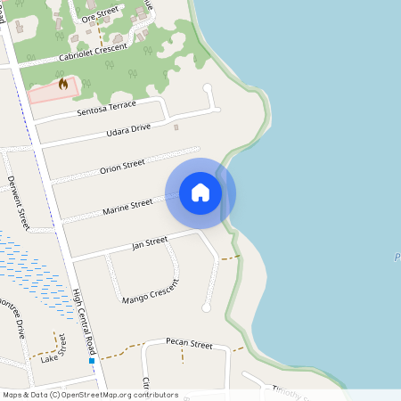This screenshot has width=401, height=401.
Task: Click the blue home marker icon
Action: click(x=200, y=192)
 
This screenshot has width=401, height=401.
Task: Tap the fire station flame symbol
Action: click(x=62, y=85)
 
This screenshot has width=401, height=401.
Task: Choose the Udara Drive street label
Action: click(x=129, y=130)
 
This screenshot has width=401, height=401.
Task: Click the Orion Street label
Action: click(x=122, y=167)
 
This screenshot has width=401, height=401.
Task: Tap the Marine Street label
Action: click(x=127, y=207)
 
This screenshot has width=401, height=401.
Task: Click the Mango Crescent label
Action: click(x=151, y=290)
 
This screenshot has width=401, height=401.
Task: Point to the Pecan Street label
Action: click(x=190, y=344)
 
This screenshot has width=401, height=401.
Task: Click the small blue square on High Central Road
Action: click(x=92, y=361)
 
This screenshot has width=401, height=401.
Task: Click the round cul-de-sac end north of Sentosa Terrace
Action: click(x=208, y=88)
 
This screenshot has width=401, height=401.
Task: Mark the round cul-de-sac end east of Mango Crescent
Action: click(x=207, y=307)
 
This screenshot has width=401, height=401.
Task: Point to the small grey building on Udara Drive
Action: click(x=176, y=127)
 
